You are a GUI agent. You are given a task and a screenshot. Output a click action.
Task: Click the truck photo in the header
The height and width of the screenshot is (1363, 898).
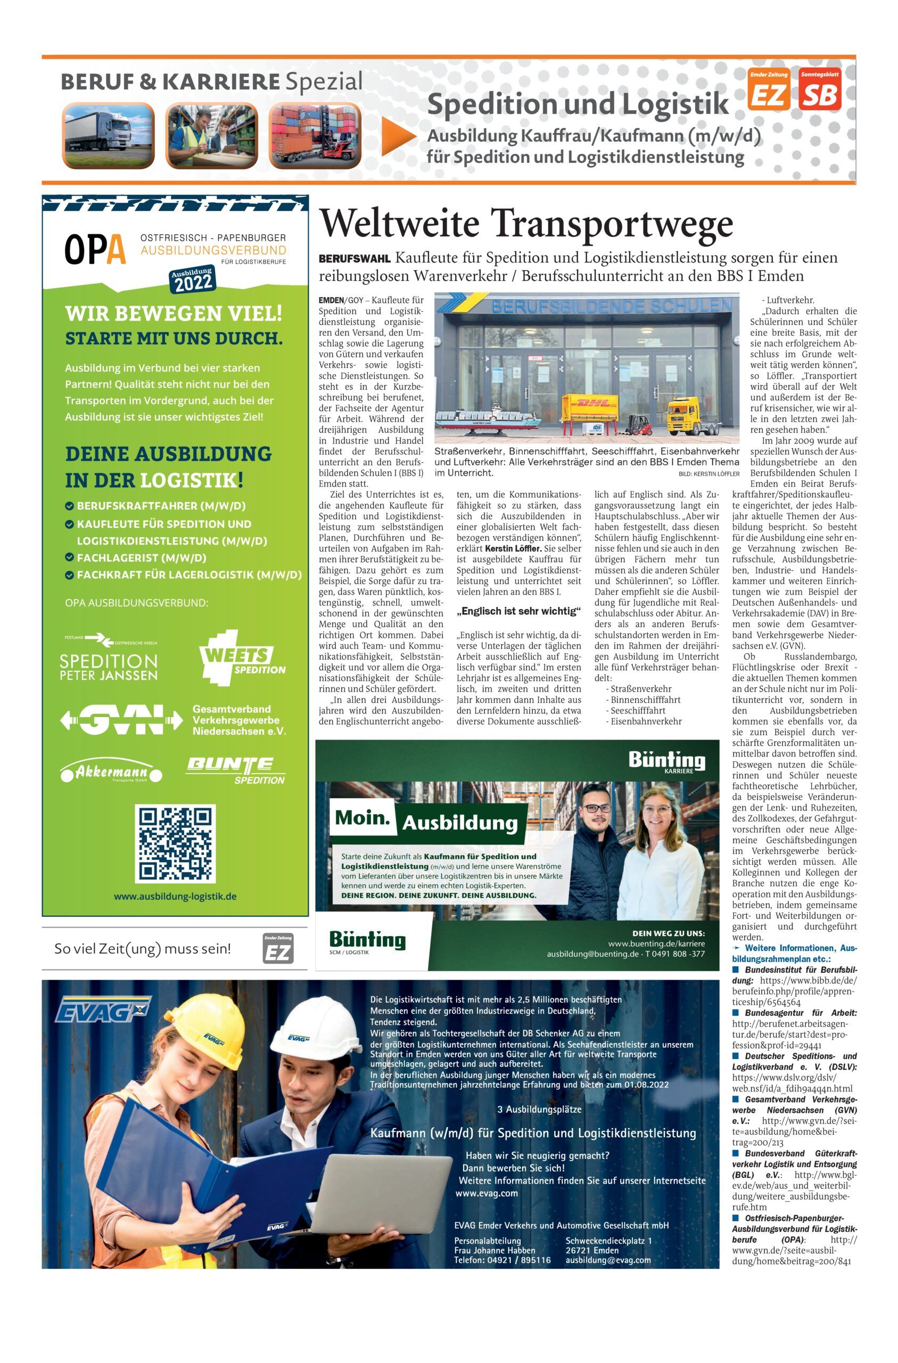click(x=108, y=135)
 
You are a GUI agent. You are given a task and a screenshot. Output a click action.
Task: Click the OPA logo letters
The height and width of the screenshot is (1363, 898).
click(x=95, y=250)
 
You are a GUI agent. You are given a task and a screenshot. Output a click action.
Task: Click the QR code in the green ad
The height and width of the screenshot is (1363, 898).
click(x=175, y=843)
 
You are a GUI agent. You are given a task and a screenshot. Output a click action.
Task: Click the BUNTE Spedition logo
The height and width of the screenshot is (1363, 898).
click(x=235, y=770)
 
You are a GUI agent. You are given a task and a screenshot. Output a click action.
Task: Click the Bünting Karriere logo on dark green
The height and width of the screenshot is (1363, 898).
click(x=667, y=763)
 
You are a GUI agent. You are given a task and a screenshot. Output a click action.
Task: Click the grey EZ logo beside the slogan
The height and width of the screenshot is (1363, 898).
click(x=278, y=948)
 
